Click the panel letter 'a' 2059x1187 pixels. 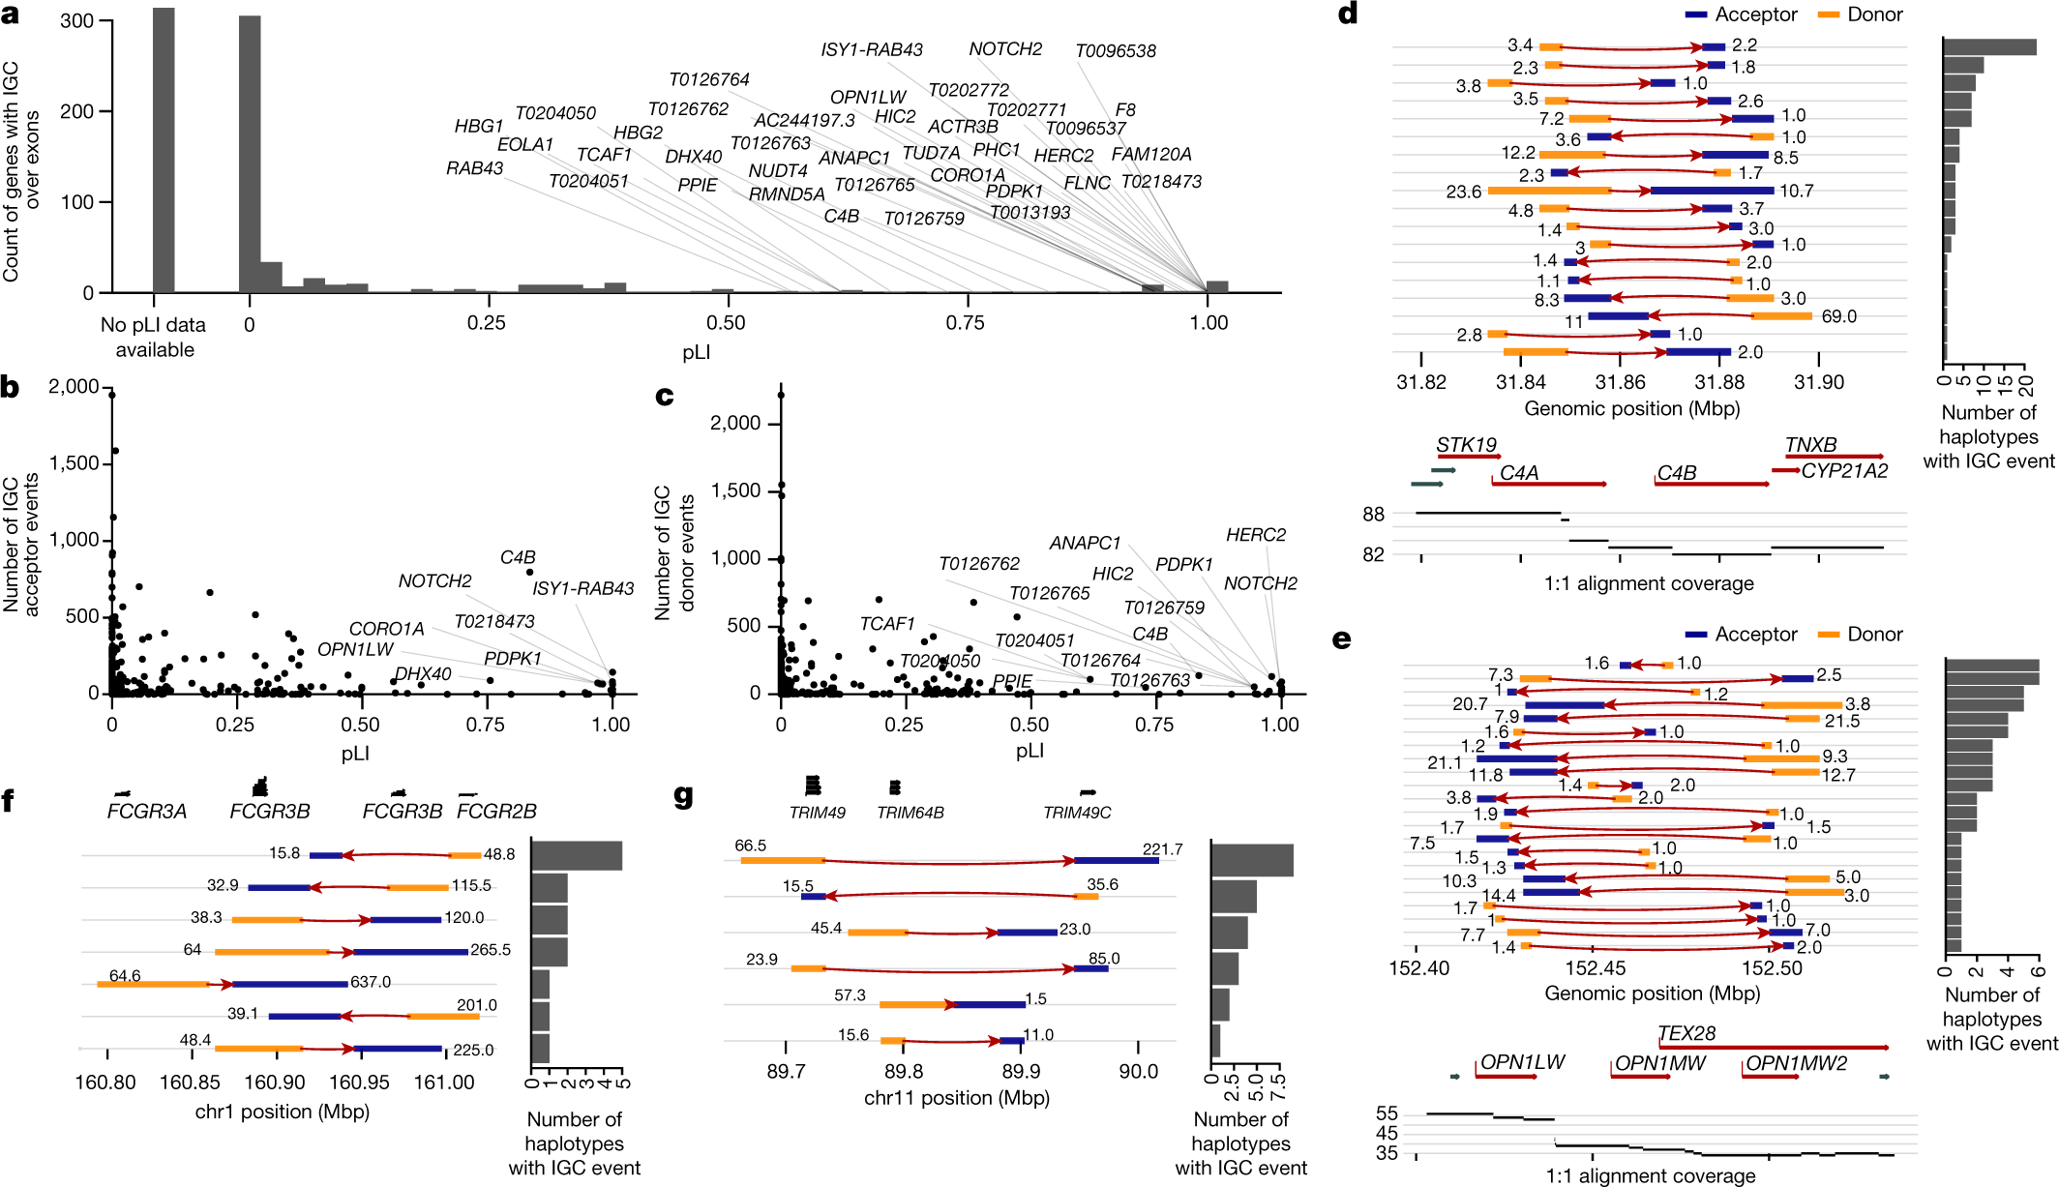pos(11,14)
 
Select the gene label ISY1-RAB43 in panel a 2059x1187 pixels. pos(871,49)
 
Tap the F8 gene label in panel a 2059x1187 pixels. pos(1125,110)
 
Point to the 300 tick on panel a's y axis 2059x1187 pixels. pos(76,21)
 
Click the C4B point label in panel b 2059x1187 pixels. pos(518,557)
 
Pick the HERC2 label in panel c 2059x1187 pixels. pos(1255,535)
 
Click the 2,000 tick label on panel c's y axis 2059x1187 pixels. pos(734,423)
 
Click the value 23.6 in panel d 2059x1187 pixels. pos(1463,192)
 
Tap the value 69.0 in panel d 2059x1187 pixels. pos(1838,316)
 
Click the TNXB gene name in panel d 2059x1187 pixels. pos(1810,444)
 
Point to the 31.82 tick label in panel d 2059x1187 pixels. pos(1421,382)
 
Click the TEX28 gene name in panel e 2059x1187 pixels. pos(1686,1033)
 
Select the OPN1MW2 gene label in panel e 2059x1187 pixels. pos(1796,1063)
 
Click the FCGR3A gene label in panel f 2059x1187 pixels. pos(146,812)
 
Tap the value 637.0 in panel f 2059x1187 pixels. pos(371,982)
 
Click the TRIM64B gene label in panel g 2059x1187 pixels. pos(910,813)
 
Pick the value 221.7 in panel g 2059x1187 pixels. pos(1162,849)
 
